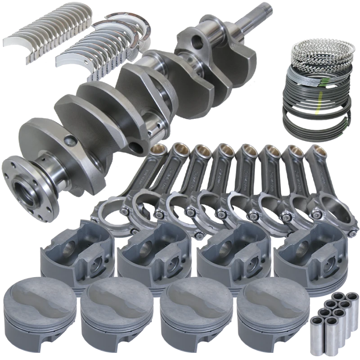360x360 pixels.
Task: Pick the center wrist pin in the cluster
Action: coord(331,312)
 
